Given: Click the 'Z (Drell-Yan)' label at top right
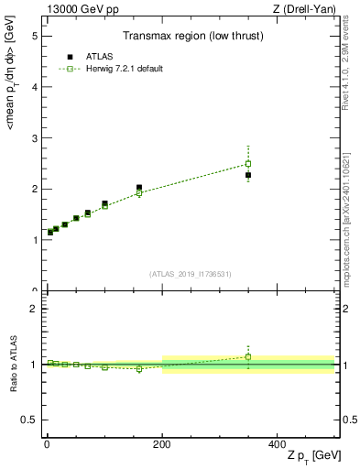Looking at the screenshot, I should [310, 10].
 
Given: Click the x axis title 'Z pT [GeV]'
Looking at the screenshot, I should [312, 457].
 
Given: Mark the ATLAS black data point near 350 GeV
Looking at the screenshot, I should [248, 175].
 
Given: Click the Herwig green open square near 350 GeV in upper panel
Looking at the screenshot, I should [248, 164].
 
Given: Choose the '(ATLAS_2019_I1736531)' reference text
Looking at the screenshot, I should [190, 274].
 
